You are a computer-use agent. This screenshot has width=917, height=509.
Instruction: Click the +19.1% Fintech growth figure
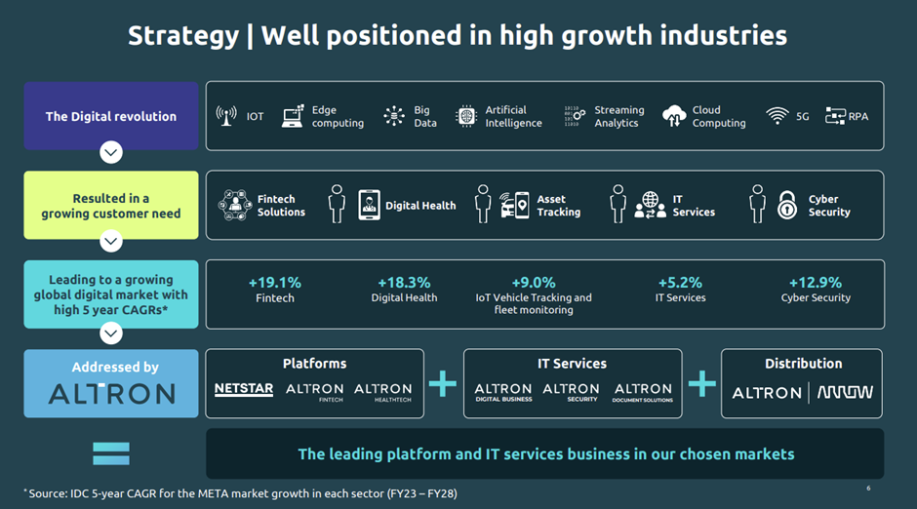(x=274, y=283)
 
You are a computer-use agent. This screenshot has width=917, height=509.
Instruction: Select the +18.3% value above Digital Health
(x=404, y=283)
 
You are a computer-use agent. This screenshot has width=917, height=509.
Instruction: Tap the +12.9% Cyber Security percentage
(x=816, y=283)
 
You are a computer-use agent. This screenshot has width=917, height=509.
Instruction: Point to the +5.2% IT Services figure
(x=680, y=283)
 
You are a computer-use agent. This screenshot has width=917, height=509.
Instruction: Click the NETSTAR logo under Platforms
(x=244, y=390)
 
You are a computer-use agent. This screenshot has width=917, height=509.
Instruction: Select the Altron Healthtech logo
(x=382, y=392)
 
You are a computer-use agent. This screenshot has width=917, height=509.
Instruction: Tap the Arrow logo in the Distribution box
(x=845, y=392)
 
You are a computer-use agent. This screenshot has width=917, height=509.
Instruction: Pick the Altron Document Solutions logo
(x=643, y=392)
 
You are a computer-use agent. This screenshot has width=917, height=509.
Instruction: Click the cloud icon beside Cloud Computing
(x=674, y=116)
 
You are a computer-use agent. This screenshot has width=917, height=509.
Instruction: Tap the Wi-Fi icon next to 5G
(x=777, y=116)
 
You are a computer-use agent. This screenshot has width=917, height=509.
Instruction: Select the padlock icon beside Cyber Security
(x=787, y=205)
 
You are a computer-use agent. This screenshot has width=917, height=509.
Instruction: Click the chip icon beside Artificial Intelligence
(x=466, y=116)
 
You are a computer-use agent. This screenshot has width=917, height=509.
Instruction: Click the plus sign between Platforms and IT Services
(x=443, y=384)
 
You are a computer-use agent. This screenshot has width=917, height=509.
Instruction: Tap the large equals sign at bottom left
(x=111, y=453)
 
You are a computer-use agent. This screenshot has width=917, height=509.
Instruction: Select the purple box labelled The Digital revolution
(x=111, y=116)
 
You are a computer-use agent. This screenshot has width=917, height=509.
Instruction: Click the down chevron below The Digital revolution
(x=111, y=153)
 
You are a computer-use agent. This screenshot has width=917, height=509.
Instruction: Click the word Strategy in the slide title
(x=183, y=36)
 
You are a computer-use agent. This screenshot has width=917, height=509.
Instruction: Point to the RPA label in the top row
(x=857, y=116)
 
